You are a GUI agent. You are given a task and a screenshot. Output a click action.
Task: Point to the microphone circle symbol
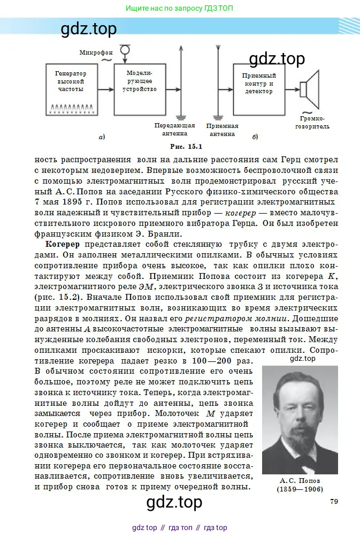tap(125, 50)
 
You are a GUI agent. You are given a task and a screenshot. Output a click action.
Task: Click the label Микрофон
tap(96, 52)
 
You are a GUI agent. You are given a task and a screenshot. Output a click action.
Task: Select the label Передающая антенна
tap(171, 129)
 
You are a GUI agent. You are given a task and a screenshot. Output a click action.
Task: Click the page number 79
tap(333, 501)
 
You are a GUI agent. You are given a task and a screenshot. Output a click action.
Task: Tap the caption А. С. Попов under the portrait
tap(300, 480)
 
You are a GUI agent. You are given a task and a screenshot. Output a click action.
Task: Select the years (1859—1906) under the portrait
tap(300, 489)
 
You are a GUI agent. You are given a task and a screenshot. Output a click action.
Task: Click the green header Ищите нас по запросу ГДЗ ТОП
tap(180, 9)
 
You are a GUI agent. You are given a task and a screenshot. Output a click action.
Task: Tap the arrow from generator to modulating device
tap(104, 88)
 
